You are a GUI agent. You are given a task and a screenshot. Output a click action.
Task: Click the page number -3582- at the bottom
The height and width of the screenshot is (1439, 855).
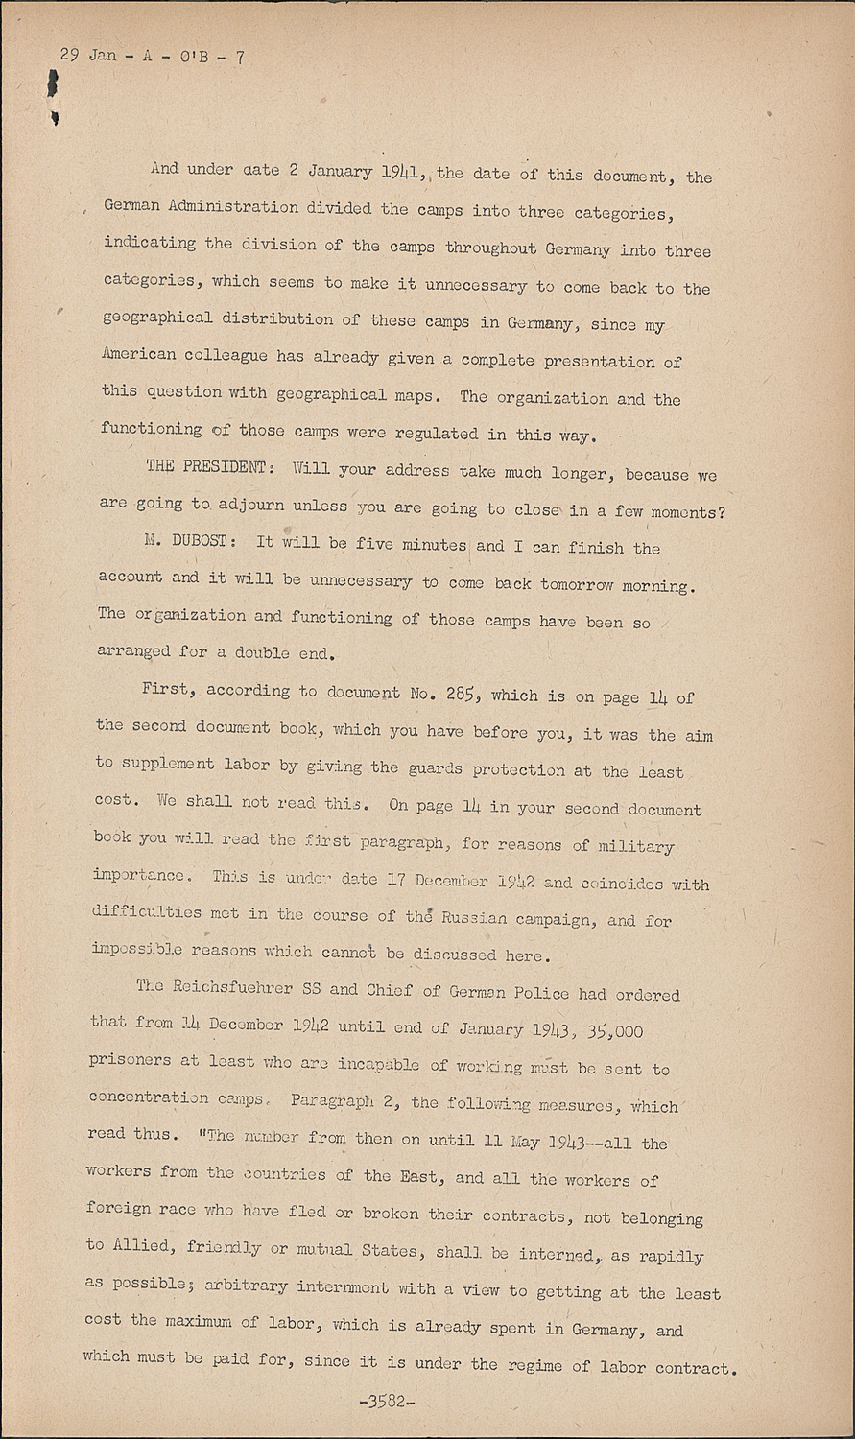[387, 1403]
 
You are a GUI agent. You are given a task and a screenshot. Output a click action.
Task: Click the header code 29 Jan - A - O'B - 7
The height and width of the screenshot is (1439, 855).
[152, 57]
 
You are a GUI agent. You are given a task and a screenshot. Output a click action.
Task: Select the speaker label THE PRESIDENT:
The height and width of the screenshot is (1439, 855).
[205, 466]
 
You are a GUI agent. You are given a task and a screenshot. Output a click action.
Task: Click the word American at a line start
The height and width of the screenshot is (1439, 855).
[138, 354]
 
